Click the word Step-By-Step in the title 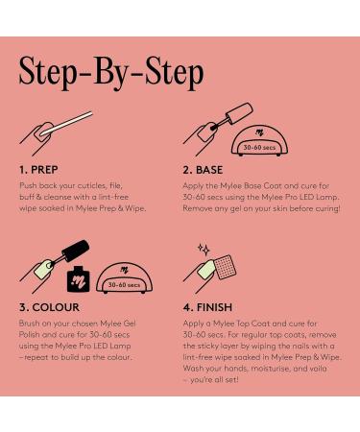pos(111,73)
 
